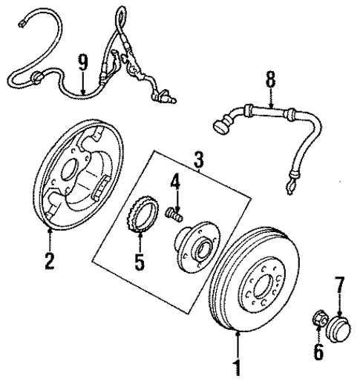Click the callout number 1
tap(238, 367)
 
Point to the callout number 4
tap(176, 180)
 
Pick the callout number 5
tap(140, 263)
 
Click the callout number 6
tap(318, 351)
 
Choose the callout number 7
tap(341, 282)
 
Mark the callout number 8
tap(270, 76)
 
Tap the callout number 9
tap(83, 62)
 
